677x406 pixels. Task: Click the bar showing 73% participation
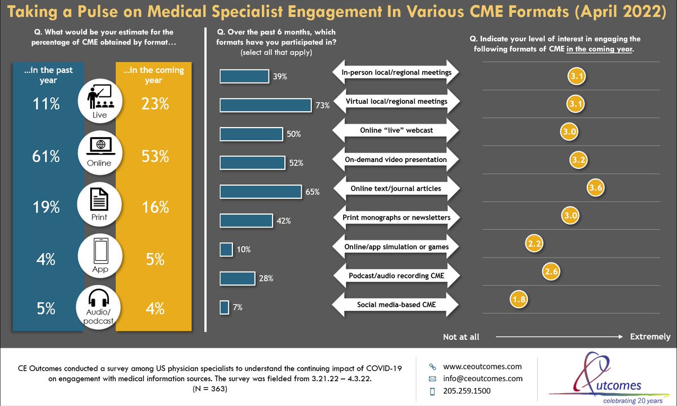tap(265, 104)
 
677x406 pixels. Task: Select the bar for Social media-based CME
tap(224, 307)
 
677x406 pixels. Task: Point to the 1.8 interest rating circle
tap(518, 299)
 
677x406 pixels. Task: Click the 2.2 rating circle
tap(534, 243)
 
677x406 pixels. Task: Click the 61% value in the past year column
tap(46, 157)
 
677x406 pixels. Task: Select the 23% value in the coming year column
tap(153, 104)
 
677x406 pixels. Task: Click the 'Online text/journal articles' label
tap(395, 188)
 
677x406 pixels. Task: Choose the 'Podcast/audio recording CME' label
tap(395, 276)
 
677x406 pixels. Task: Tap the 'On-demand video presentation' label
tap(395, 159)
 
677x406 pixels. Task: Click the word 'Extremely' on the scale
tap(650, 337)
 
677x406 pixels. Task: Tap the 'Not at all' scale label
tap(461, 337)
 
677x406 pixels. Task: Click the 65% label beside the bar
tap(313, 192)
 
